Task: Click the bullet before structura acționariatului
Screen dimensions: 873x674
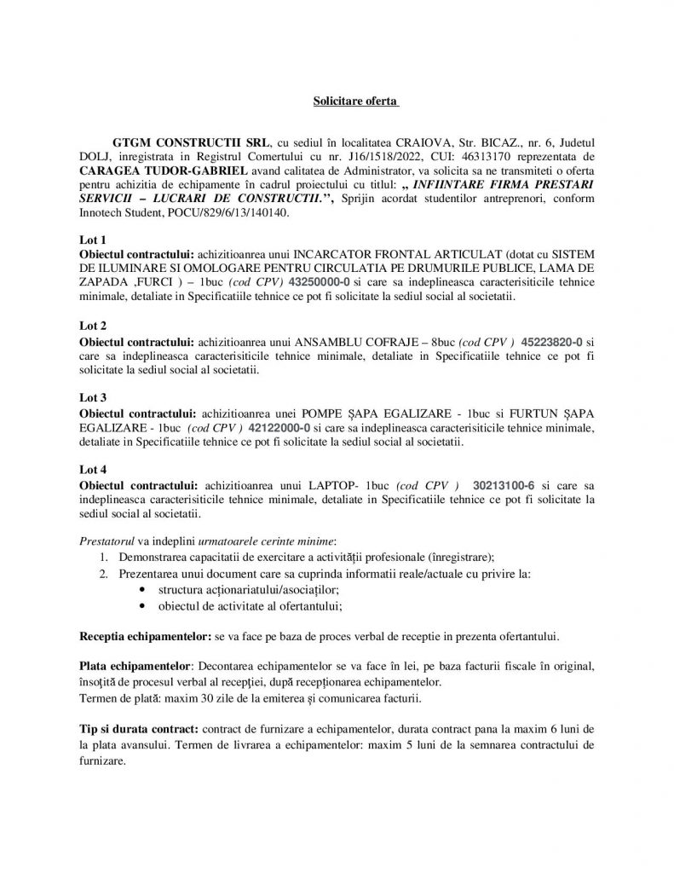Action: tap(141, 590)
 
